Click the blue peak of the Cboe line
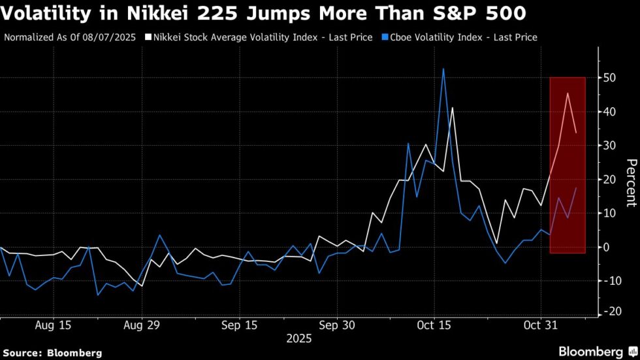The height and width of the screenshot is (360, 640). (x=443, y=69)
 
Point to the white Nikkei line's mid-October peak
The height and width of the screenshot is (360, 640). (x=452, y=108)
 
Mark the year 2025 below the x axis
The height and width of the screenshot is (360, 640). (x=298, y=339)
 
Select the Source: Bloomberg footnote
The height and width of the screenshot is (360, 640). (x=53, y=353)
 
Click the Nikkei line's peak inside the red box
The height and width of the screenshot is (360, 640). (x=568, y=93)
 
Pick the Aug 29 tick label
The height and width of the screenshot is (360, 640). (x=142, y=325)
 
